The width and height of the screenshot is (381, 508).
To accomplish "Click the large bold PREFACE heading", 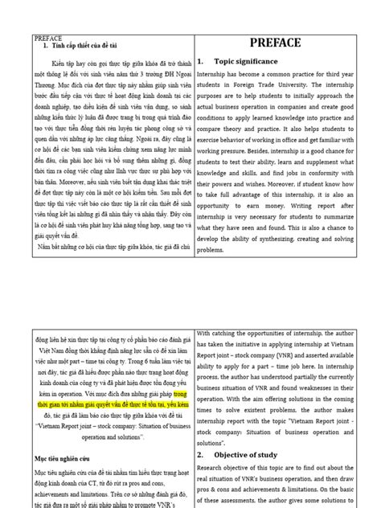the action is tap(275, 43).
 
